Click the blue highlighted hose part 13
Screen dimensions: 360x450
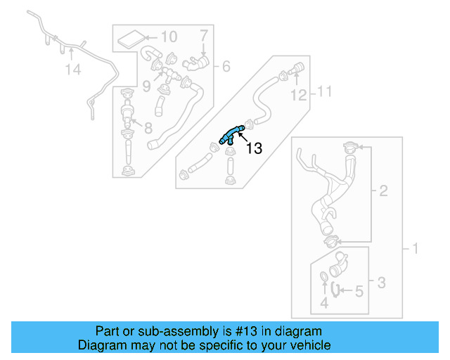point(233,133)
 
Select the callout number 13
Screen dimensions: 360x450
point(253,148)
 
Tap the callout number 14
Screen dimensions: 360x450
point(74,70)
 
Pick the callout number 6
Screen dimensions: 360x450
point(226,67)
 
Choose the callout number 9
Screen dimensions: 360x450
point(146,87)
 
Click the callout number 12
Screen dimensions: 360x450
point(299,94)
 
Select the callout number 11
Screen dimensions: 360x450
point(323,91)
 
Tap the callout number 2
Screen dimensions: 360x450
point(383,190)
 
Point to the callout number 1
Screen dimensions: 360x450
point(414,248)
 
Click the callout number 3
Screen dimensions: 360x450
point(381,283)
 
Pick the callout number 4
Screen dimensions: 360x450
point(324,304)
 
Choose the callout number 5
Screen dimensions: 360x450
point(358,290)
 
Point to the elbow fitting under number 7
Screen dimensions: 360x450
point(196,64)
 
